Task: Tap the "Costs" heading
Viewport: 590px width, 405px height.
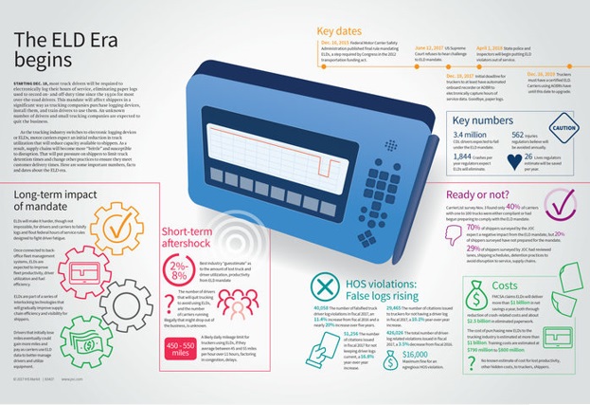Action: tap(504, 285)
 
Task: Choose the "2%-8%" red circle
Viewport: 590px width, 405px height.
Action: tap(177, 269)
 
